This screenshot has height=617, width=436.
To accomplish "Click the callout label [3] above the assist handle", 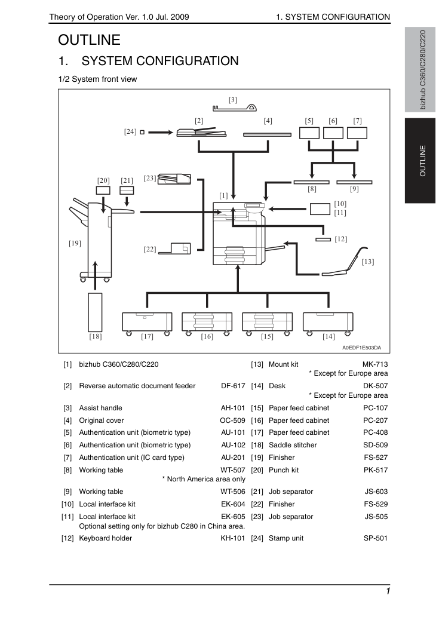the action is click(233, 100).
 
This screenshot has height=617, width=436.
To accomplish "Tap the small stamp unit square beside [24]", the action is click(142, 132).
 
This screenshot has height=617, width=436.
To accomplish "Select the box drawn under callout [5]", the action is click(309, 133).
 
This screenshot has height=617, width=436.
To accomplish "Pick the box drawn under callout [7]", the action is click(357, 133).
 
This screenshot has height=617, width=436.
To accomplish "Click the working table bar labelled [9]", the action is click(354, 182).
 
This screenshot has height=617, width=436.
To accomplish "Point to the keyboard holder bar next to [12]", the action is click(324, 240).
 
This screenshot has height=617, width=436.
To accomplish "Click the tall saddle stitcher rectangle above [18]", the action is click(95, 312).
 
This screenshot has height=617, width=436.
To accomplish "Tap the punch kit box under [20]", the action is click(103, 191).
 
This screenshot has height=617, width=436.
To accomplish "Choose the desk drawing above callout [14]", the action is click(328, 323).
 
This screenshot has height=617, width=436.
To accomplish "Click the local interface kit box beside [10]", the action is click(320, 209).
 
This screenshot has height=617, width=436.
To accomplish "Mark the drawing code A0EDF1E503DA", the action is click(361, 348).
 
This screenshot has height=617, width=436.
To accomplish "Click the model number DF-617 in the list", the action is click(233, 386).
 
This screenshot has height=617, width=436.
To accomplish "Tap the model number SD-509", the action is click(376, 445).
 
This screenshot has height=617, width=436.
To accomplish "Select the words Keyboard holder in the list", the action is click(106, 538).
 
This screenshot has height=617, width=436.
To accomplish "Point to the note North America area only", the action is click(204, 479).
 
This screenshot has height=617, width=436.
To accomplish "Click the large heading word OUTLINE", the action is click(90, 40).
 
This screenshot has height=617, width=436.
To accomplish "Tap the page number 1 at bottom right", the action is click(388, 591).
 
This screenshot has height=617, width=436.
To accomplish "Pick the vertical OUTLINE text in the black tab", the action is click(423, 161).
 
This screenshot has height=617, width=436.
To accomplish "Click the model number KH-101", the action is click(232, 538).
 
